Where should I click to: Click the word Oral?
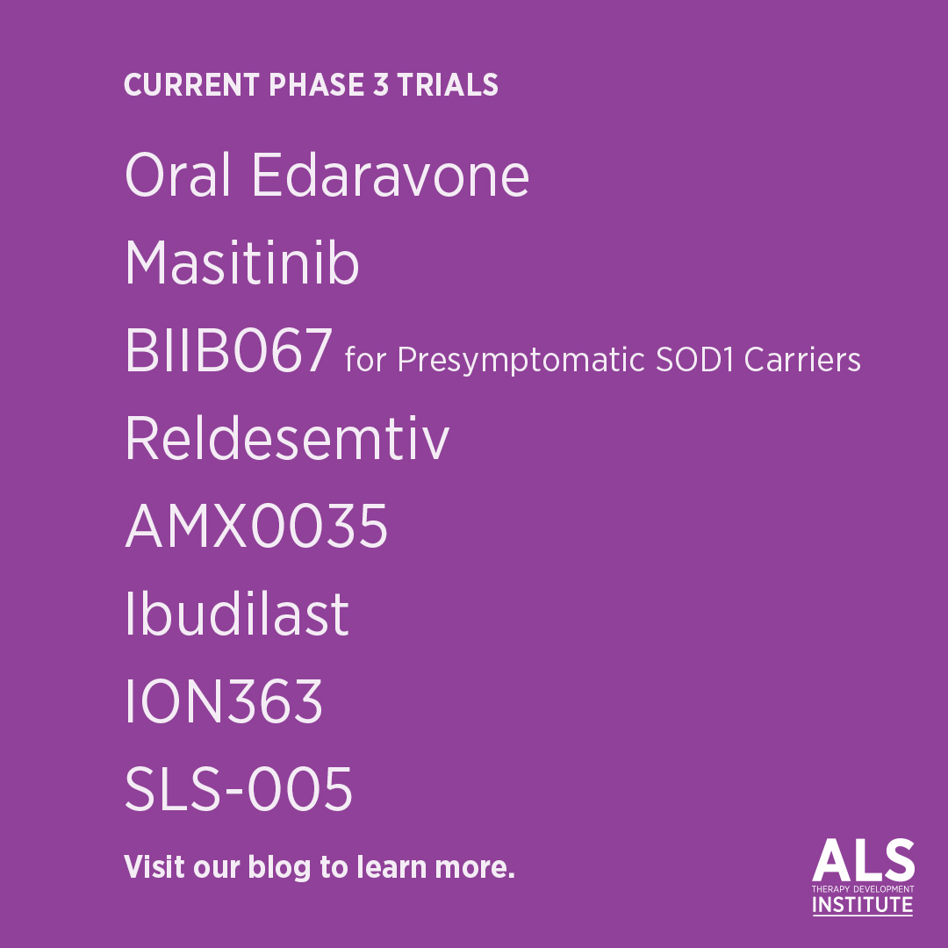click(x=178, y=176)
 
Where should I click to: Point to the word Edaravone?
click(x=391, y=176)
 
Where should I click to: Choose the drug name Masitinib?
click(x=242, y=262)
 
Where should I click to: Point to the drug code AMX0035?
click(x=256, y=527)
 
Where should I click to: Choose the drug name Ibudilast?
click(x=237, y=614)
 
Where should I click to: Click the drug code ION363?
click(x=224, y=702)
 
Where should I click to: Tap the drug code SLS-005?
click(x=239, y=790)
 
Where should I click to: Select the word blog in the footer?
click(x=280, y=867)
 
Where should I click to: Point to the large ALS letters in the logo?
click(x=863, y=861)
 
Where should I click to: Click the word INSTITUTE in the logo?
click(x=863, y=905)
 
